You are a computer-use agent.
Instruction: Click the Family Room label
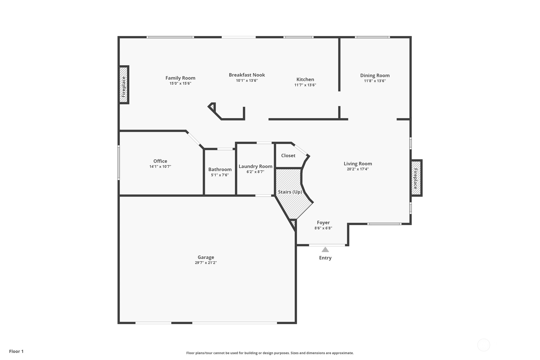pyautogui.click(x=180, y=78)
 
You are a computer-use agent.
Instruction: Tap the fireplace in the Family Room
pyautogui.click(x=124, y=85)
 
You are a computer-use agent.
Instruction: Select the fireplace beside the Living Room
pyautogui.click(x=416, y=178)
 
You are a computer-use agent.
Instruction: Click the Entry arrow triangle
pyautogui.click(x=325, y=250)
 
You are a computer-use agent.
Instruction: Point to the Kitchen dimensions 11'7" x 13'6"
pyautogui.click(x=305, y=85)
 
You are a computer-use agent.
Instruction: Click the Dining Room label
pyautogui.click(x=375, y=75)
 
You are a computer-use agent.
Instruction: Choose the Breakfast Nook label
pyautogui.click(x=247, y=75)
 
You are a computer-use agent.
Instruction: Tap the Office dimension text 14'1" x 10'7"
pyautogui.click(x=160, y=166)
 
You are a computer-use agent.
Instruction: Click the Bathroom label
pyautogui.click(x=220, y=169)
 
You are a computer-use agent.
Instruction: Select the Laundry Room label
pyautogui.click(x=255, y=166)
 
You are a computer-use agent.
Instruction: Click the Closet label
pyautogui.click(x=288, y=155)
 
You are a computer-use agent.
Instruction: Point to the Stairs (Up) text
pyautogui.click(x=290, y=192)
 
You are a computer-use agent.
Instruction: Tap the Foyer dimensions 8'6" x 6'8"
pyautogui.click(x=323, y=228)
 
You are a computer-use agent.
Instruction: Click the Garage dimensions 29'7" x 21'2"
pyautogui.click(x=206, y=263)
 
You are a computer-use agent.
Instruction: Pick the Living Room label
pyautogui.click(x=357, y=164)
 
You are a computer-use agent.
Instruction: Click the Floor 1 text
pyautogui.click(x=16, y=351)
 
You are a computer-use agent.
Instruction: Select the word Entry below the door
pyautogui.click(x=325, y=258)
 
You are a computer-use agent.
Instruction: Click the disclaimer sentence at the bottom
pyautogui.click(x=270, y=353)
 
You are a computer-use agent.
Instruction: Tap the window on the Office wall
pyautogui.click(x=119, y=162)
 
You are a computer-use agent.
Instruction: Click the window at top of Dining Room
pyautogui.click(x=372, y=37)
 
